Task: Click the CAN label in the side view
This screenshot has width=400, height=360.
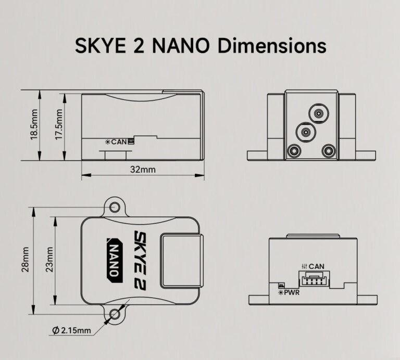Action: pyautogui.click(x=119, y=141)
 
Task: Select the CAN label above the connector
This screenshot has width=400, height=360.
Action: pyautogui.click(x=317, y=266)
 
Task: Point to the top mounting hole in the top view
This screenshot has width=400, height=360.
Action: pyautogui.click(x=116, y=208)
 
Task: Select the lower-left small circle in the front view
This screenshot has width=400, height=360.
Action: pyautogui.click(x=294, y=151)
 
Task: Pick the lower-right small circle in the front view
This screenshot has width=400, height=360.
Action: pyautogui.click(x=328, y=151)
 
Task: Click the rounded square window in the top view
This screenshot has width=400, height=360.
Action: pyautogui.click(x=181, y=260)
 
